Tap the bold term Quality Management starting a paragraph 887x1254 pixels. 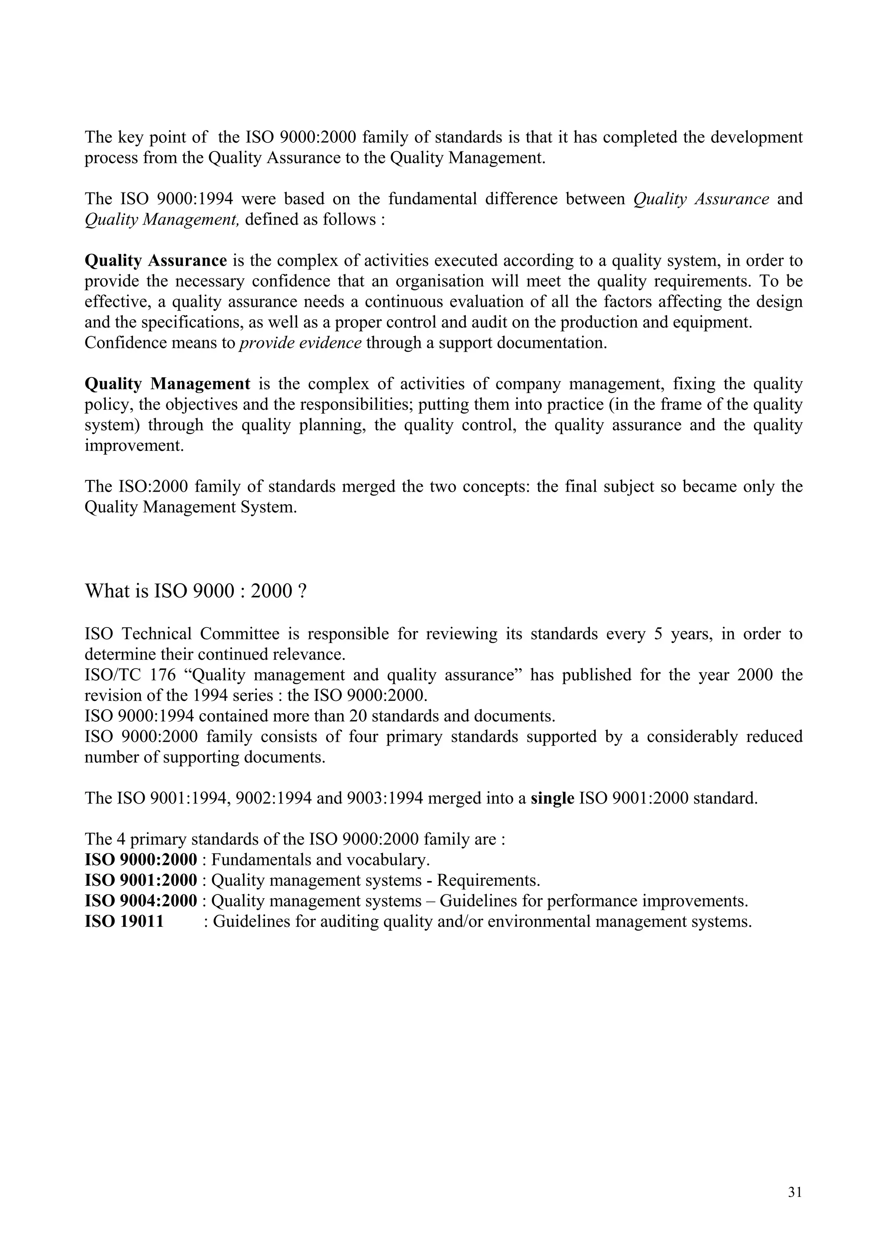tap(167, 384)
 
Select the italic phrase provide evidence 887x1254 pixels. tap(301, 343)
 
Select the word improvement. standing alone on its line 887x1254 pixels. tap(134, 446)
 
